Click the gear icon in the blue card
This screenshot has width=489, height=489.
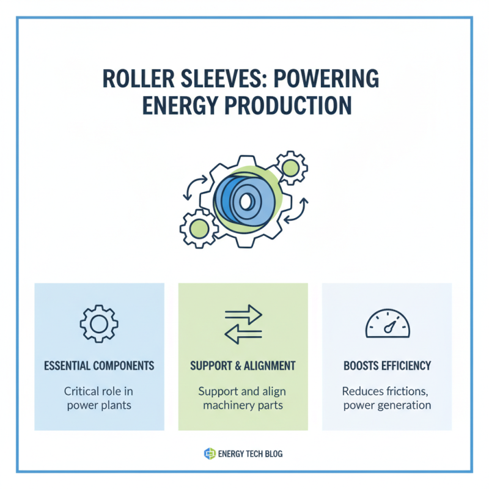click(x=99, y=323)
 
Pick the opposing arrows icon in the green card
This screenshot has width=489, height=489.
click(x=243, y=323)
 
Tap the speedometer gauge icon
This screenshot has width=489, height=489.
click(x=387, y=324)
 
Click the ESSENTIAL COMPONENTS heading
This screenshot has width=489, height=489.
click(x=99, y=366)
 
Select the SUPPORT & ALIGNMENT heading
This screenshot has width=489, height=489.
click(x=243, y=366)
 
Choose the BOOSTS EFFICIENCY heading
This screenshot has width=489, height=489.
click(x=387, y=366)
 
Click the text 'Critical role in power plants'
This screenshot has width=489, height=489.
click(x=99, y=398)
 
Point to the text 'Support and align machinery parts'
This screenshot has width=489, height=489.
click(x=243, y=398)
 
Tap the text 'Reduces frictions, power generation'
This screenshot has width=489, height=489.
click(x=387, y=398)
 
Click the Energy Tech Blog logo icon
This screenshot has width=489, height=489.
click(x=209, y=454)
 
